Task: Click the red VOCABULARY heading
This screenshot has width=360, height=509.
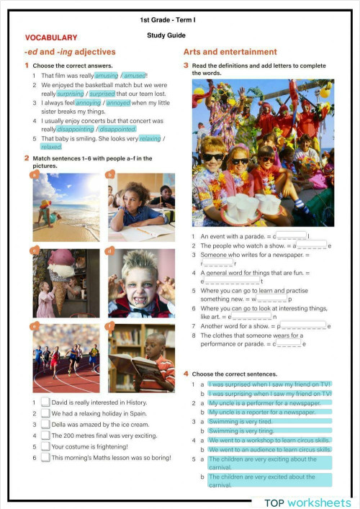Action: coord(51,37)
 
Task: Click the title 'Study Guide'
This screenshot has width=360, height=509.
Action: coord(166,35)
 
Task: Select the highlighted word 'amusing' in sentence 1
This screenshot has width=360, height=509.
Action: coord(107,75)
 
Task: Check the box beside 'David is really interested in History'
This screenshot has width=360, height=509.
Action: coord(45,402)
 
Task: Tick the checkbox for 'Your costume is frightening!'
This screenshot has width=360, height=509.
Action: coord(45,446)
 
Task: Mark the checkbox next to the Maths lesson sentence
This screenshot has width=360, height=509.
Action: coord(45,457)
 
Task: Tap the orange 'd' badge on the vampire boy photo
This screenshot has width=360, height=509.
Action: coord(109,251)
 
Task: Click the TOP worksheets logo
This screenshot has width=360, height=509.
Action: coord(307,502)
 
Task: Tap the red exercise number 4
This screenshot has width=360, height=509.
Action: coord(186,374)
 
